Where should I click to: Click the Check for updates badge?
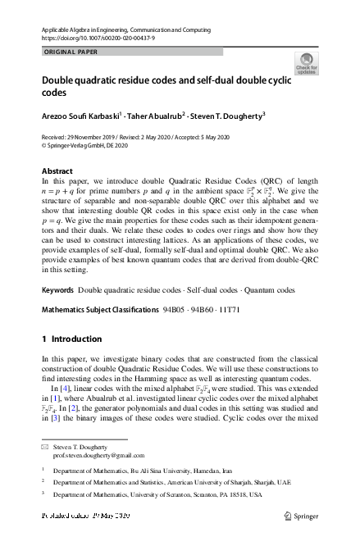[x=307, y=63]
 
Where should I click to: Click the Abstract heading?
[x=57, y=171]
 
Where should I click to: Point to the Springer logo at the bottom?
[x=300, y=516]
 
